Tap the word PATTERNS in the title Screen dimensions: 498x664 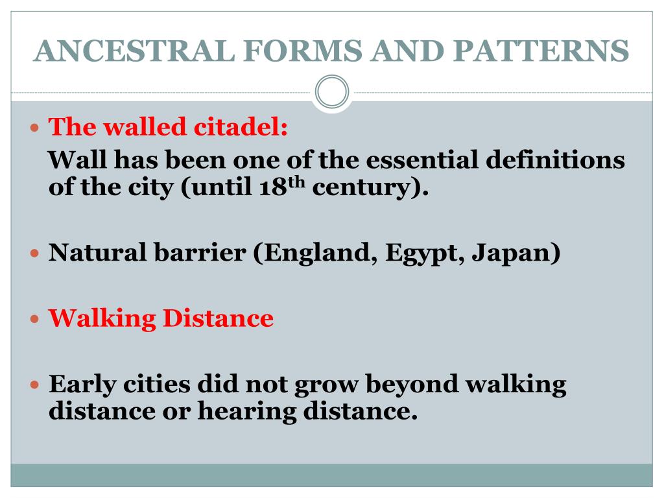541,51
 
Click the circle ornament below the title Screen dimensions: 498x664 332,92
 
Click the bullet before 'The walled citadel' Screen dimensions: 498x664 36,127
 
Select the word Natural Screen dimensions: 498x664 98,252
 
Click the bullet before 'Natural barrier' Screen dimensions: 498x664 36,253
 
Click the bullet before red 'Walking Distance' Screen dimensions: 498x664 36,319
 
